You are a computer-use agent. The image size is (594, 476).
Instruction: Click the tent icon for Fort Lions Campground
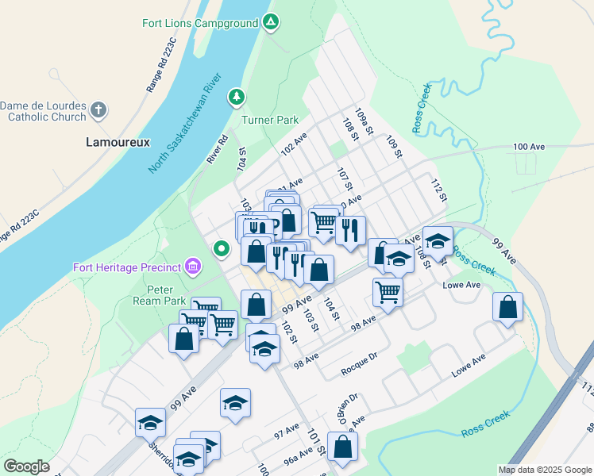(x=271, y=23)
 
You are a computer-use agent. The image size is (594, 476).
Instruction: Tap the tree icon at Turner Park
(x=236, y=98)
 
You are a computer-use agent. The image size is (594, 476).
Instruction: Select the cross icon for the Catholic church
(x=98, y=110)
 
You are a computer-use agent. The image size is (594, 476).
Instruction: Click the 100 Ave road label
(x=529, y=147)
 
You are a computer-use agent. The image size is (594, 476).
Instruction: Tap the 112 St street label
(x=435, y=190)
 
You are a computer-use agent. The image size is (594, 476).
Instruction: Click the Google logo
(x=27, y=466)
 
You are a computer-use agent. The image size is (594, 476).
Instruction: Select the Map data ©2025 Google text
(x=544, y=470)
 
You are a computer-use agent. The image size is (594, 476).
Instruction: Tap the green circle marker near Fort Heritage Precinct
(x=223, y=250)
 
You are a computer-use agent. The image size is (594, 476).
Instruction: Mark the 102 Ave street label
(x=294, y=144)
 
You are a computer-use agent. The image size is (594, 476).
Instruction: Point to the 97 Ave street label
(x=286, y=432)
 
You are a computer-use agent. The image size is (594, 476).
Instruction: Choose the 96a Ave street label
(x=298, y=459)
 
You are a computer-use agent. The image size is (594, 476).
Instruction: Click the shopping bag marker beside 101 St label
(x=342, y=446)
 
